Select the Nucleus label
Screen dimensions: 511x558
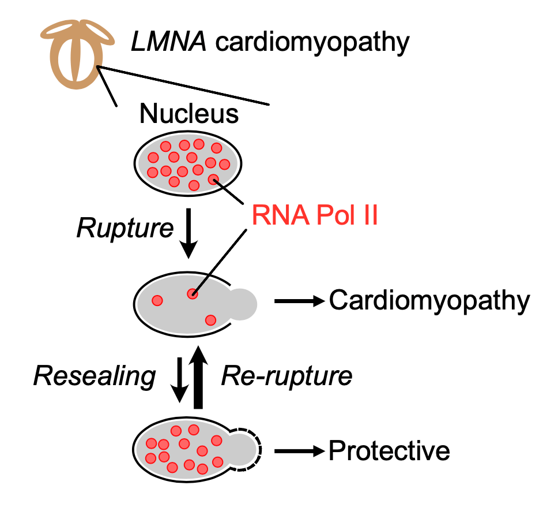189,114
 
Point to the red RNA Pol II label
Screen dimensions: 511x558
314,218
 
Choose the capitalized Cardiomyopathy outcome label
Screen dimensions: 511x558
429,301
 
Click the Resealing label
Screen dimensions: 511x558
95,376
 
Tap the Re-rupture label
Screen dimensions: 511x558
286,376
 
